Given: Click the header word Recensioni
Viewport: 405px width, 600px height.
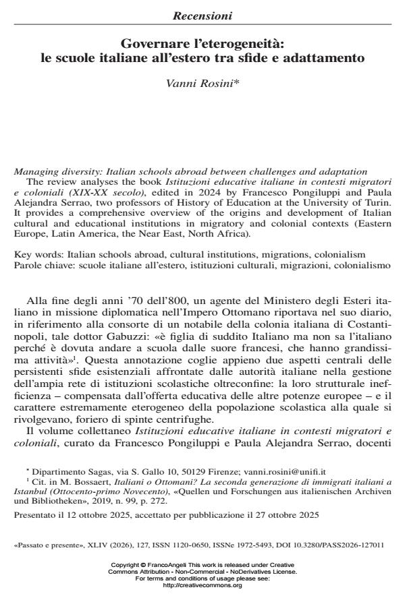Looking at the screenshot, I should click(x=202, y=14).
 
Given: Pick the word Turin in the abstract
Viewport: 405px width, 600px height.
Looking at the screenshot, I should click(x=376, y=200).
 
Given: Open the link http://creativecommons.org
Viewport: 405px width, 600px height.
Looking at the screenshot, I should click(x=202, y=584).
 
